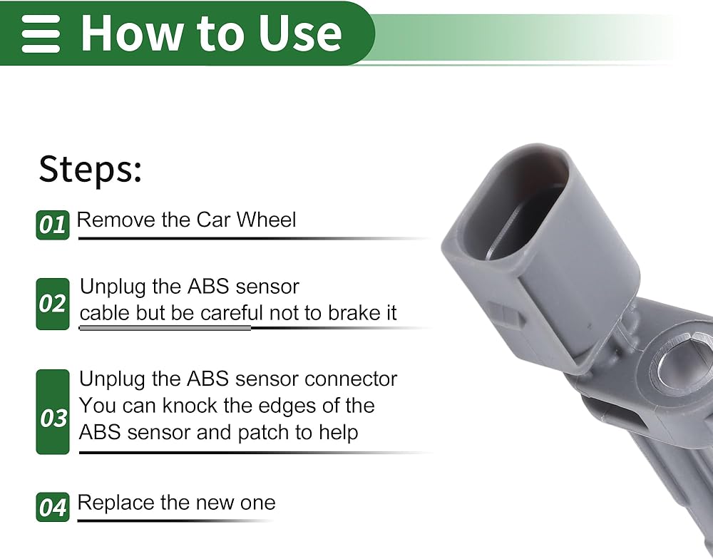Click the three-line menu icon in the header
[x=41, y=34]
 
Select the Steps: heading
[x=91, y=169]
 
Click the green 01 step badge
[x=53, y=225]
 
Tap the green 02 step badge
[x=53, y=304]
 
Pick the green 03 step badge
[x=53, y=411]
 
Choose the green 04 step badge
[x=53, y=507]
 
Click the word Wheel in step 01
[x=266, y=220]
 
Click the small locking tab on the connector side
[x=506, y=314]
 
